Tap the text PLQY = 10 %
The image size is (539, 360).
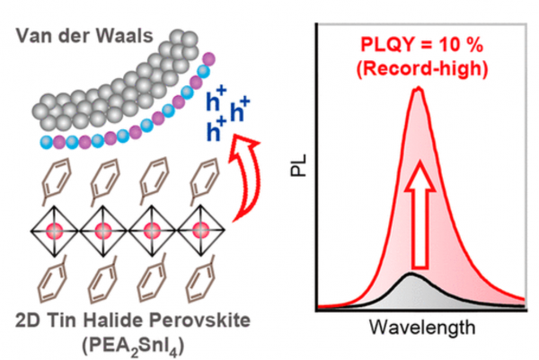(x=422, y=45)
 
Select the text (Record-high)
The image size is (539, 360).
(x=422, y=69)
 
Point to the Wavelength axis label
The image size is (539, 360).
(x=422, y=327)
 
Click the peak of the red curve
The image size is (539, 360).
(x=419, y=89)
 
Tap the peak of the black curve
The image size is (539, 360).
(x=411, y=274)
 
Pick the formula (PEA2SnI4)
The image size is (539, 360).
(x=133, y=347)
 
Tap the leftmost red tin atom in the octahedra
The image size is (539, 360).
(x=54, y=231)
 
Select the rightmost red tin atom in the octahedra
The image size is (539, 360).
(x=200, y=231)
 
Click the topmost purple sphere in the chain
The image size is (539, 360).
(x=208, y=59)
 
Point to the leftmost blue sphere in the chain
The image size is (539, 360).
(x=46, y=142)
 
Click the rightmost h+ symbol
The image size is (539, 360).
(x=240, y=110)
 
